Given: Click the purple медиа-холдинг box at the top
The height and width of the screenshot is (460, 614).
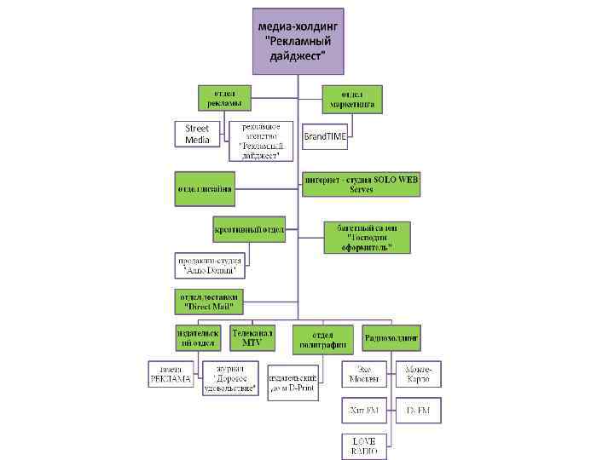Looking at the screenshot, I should pos(297,41).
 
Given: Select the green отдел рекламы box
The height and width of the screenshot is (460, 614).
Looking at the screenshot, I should pos(224,97).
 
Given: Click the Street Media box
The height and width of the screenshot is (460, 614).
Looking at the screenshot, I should pos(197,135).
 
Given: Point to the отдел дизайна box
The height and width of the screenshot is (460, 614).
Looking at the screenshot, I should pos(204,188).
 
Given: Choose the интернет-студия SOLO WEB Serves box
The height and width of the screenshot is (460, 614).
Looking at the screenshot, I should pos(361,185).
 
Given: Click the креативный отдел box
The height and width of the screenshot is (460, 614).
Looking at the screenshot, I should pos(249,229).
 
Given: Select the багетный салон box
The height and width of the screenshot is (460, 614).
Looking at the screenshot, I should pos(367,237).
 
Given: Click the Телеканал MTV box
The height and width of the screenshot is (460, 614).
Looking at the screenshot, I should pos(252,337).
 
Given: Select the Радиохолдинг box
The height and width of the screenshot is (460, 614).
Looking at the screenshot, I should pos(391,337).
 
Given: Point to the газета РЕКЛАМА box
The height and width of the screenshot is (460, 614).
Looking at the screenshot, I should pos(171,374).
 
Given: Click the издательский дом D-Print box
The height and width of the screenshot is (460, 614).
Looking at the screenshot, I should pos(293,382).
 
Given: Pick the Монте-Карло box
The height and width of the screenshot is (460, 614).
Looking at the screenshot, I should pos(419,374).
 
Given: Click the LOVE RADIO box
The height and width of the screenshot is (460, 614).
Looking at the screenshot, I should pos(365,446).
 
